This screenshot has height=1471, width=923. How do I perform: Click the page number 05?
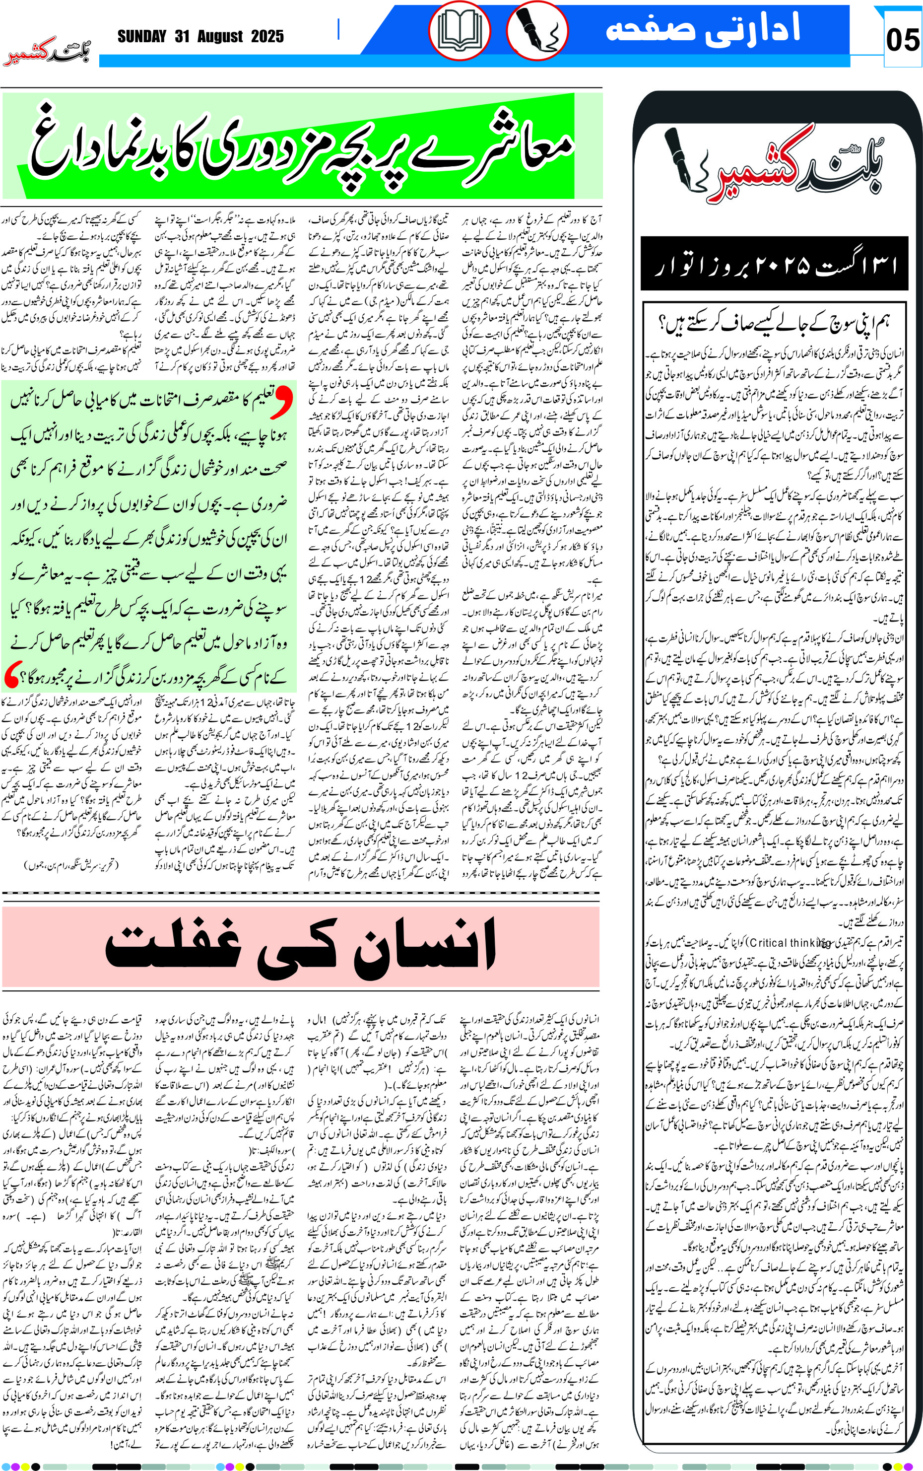[902, 40]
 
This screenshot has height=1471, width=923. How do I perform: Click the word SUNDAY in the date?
[141, 37]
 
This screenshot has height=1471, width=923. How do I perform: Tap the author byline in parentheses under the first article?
[72, 865]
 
